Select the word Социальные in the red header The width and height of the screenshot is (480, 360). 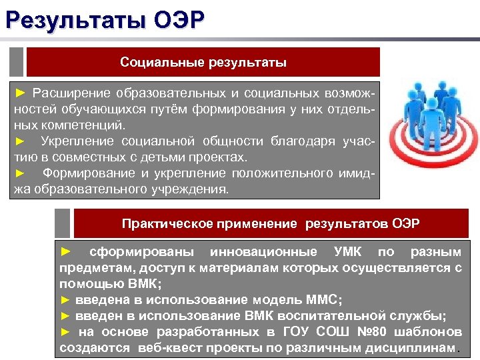162,63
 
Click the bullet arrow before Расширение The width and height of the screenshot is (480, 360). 21,92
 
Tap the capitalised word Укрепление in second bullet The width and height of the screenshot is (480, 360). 77,141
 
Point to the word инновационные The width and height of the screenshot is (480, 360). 263,252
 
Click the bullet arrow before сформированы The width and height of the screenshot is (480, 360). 65,252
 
